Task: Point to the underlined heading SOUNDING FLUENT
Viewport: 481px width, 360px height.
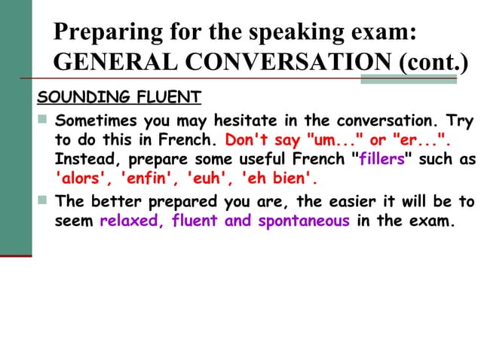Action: tap(119, 98)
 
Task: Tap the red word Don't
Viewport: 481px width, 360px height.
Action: tap(243, 140)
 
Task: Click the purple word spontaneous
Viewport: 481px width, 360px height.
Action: tap(304, 221)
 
